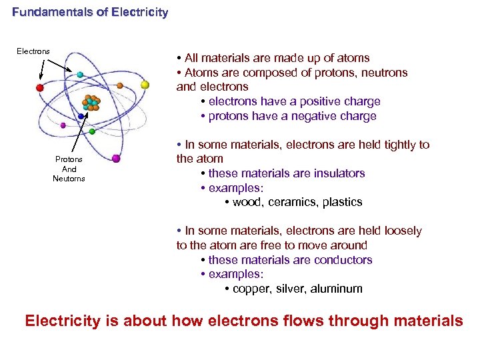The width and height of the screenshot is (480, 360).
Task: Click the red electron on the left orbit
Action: point(40,87)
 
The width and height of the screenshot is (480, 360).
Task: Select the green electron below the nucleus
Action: point(92,131)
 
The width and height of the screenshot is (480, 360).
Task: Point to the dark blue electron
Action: point(81,116)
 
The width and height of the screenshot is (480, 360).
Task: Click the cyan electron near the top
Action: point(80,75)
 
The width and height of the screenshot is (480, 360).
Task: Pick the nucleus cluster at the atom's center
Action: point(91,103)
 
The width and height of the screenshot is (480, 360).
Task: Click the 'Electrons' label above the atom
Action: point(33,51)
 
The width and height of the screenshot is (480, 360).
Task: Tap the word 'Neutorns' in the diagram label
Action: point(69,179)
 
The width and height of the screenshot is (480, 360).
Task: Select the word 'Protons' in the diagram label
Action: point(69,159)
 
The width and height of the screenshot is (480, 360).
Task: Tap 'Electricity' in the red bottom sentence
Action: point(63,321)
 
